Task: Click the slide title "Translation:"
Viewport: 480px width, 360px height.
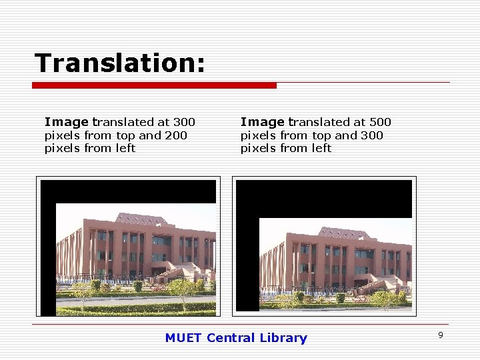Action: pyautogui.click(x=120, y=63)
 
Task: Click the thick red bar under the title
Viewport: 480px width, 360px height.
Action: pyautogui.click(x=154, y=85)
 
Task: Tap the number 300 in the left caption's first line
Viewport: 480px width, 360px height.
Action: pyautogui.click(x=184, y=122)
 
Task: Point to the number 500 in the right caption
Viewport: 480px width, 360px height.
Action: pyautogui.click(x=380, y=122)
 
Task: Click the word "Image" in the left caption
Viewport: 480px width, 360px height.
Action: pyautogui.click(x=66, y=122)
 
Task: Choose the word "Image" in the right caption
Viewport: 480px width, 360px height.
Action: pyautogui.click(x=262, y=122)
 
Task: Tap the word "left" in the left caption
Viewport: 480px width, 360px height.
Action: pyautogui.click(x=126, y=148)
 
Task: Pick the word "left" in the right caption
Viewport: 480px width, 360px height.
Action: pyautogui.click(x=322, y=148)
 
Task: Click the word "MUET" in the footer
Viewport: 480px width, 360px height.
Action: pyautogui.click(x=183, y=338)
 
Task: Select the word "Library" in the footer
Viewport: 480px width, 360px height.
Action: pyautogui.click(x=285, y=338)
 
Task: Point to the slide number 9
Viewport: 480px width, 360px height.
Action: pyautogui.click(x=441, y=335)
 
